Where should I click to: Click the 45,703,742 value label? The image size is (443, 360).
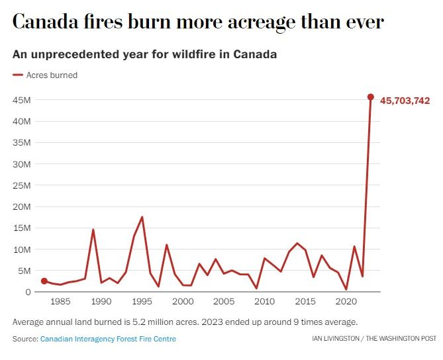click(405, 101)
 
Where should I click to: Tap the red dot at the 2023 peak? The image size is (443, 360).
click(371, 97)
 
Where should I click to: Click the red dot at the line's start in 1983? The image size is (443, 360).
click(44, 281)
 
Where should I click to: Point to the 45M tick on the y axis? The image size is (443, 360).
click(22, 100)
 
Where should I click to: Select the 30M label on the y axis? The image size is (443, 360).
click(22, 164)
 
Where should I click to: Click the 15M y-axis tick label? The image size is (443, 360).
click(22, 228)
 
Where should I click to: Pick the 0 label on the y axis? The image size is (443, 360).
click(28, 292)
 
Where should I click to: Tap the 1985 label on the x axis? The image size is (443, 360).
click(60, 302)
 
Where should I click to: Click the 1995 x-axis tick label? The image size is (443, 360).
click(142, 302)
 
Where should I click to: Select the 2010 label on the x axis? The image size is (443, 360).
click(264, 302)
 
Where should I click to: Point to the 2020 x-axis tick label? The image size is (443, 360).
click(346, 302)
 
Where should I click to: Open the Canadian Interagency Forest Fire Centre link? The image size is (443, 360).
click(108, 339)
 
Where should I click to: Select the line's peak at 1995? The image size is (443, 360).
click(142, 217)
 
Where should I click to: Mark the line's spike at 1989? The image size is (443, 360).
click(93, 230)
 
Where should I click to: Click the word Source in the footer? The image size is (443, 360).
click(25, 339)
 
